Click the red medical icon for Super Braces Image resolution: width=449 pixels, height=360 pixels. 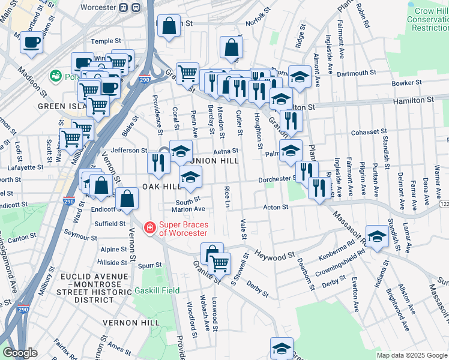pyautogui.click(x=149, y=228)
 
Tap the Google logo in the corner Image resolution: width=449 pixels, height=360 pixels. pyautogui.click(x=19, y=353)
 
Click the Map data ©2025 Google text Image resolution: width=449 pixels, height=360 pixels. pyautogui.click(x=411, y=355)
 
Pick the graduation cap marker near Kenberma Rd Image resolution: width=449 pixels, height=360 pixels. pyautogui.click(x=377, y=237)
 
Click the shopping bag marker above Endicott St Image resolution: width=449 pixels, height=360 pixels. pyautogui.click(x=127, y=199)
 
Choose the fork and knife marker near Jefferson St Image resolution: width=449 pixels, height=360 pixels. pyautogui.click(x=158, y=163)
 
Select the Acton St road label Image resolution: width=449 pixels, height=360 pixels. pyautogui.click(x=276, y=207)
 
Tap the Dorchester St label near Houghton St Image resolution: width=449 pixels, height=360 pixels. pyautogui.click(x=277, y=179)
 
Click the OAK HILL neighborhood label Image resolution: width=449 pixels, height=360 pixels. pyautogui.click(x=161, y=187)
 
